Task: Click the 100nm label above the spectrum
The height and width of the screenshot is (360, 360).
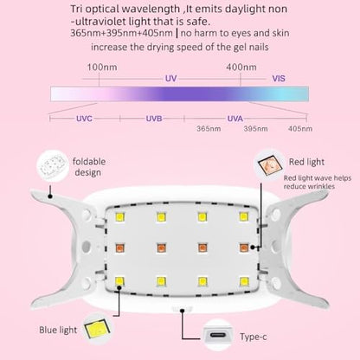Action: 102,67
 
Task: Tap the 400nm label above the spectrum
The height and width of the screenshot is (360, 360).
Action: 241,67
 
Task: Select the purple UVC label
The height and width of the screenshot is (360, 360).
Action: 84,119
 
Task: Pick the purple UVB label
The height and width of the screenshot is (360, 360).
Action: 154,119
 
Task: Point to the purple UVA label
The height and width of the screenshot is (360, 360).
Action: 235,119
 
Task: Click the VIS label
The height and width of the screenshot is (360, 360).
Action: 279,79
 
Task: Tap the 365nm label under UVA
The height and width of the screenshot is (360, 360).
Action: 209,129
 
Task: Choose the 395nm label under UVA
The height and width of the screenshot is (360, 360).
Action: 255,129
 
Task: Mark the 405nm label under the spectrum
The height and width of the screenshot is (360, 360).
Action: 300,129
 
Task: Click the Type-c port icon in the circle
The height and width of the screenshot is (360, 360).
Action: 217,335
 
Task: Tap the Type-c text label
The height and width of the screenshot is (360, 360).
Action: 254,337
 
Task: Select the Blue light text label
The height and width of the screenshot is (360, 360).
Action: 58,330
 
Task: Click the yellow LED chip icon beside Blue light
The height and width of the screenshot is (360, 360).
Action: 97,329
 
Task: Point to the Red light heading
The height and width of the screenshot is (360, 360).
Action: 306,162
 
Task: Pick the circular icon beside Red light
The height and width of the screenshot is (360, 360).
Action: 270,165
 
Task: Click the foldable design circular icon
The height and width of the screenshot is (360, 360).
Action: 53,166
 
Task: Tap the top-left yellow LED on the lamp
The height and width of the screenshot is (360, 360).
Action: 119,217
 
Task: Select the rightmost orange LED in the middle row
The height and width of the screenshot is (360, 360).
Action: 244,247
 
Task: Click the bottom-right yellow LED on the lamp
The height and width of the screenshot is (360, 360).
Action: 244,281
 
